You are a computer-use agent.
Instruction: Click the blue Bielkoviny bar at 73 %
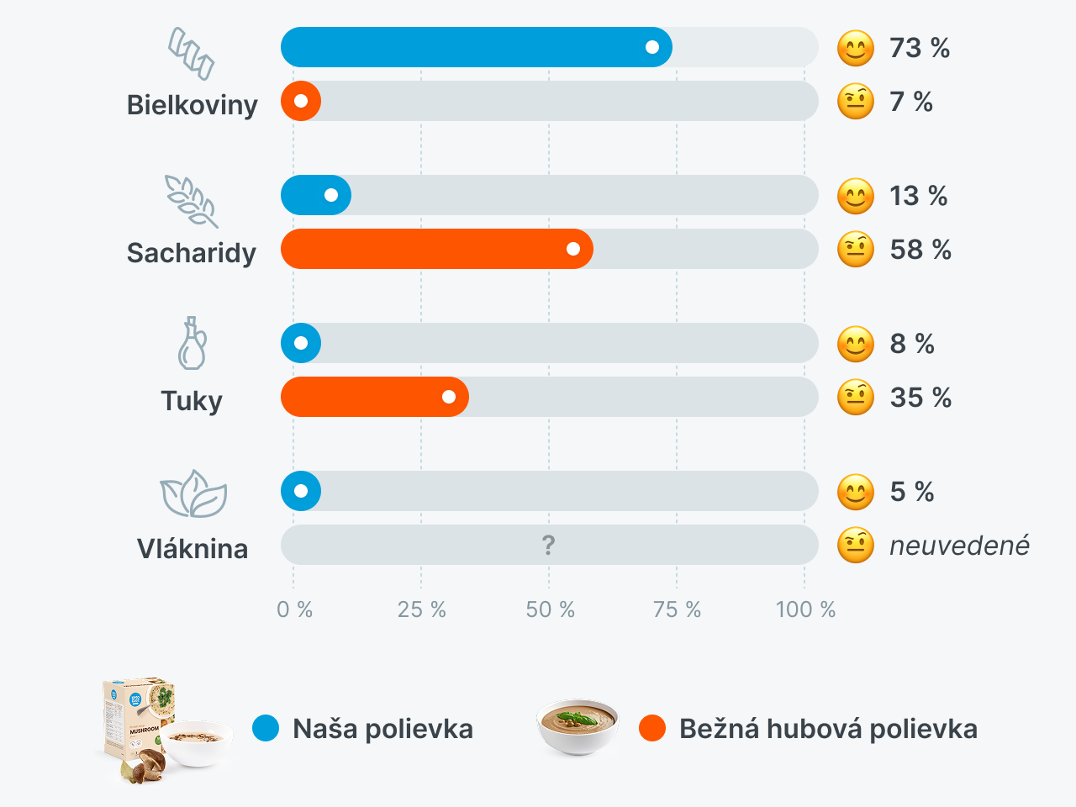476,47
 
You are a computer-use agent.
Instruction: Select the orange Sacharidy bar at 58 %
436,249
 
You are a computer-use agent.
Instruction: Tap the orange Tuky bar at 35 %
374,397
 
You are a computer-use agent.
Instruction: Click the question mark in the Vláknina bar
549,546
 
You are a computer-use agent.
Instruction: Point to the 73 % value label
920,48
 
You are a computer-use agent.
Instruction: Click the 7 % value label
911,102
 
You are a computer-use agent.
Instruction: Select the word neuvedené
959,546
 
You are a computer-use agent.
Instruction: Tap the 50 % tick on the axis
551,609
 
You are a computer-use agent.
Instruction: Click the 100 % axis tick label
805,609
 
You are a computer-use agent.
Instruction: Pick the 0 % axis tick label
294,609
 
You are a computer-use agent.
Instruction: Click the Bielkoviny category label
192,105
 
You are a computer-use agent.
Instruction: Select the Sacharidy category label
192,253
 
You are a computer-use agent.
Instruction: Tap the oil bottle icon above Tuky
193,343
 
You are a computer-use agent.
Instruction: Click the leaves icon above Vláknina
193,493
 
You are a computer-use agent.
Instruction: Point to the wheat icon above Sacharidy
192,201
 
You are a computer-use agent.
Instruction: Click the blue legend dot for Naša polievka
266,728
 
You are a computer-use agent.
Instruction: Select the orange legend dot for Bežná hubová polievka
652,728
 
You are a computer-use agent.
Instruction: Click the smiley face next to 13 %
856,196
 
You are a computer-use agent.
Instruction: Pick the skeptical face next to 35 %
856,398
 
